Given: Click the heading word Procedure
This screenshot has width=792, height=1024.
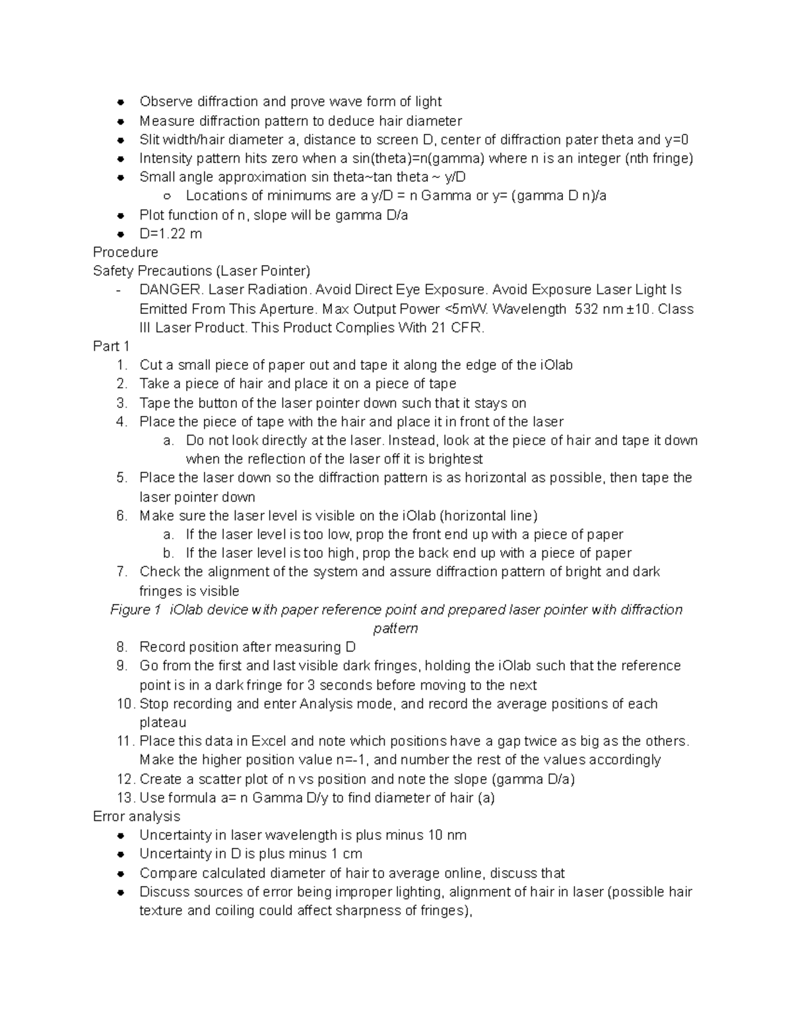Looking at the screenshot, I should coord(125,253).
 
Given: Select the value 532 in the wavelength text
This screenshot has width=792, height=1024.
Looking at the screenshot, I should coord(587,309).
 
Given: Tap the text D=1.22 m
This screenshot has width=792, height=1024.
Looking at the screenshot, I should coord(170,234).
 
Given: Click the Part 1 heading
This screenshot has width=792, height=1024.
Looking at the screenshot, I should coord(112,347).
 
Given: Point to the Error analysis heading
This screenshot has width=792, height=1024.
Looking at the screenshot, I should coord(137,817).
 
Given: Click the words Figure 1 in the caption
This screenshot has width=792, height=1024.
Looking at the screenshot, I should coord(135,610).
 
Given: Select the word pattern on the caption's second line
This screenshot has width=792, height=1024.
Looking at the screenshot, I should coord(395,628).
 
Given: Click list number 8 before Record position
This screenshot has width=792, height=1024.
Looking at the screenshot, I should coord(121,648).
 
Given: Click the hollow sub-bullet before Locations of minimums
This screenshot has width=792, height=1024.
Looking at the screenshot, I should coord(168,196).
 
